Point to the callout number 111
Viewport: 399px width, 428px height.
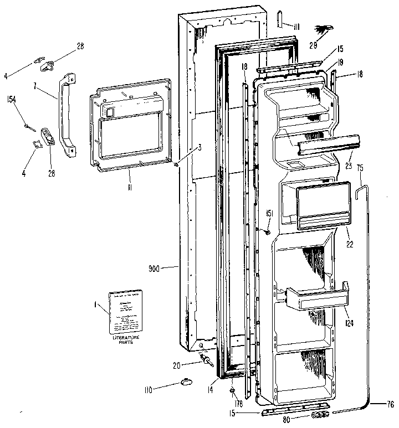(x=296, y=27)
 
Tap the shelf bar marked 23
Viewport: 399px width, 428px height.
(x=327, y=146)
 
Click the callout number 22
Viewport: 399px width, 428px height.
(x=349, y=244)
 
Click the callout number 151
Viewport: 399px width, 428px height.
(x=269, y=213)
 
